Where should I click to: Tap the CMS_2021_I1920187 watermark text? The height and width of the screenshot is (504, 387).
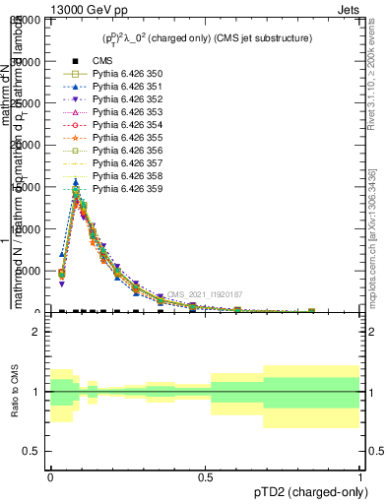click(204, 294)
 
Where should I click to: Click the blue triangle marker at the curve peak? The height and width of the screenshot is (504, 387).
click(76, 182)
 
